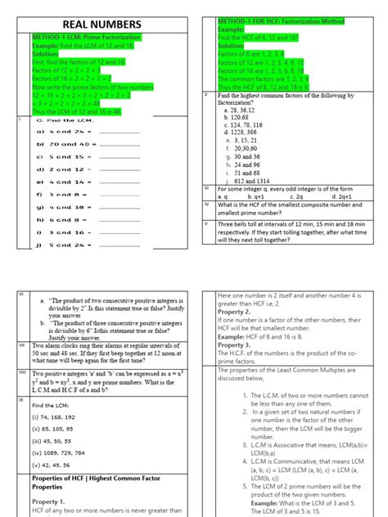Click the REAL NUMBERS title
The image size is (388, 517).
[x=102, y=25]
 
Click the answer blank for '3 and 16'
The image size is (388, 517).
[x=119, y=232]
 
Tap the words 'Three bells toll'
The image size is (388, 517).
[x=242, y=224]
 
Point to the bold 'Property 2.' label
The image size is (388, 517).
[x=234, y=312]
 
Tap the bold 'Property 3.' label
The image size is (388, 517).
[x=234, y=344]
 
